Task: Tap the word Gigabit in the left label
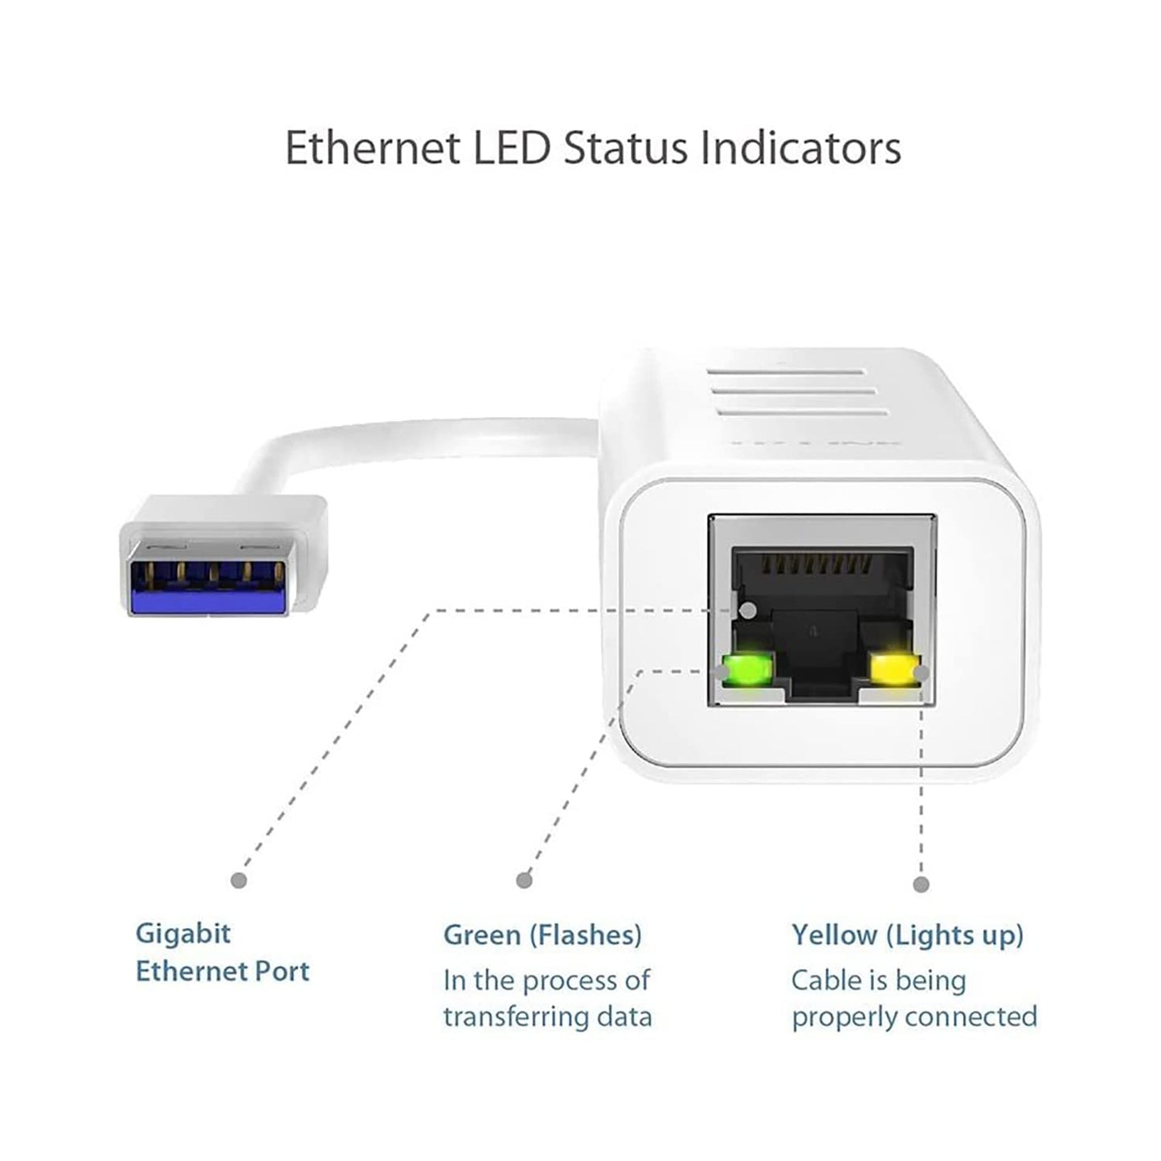tap(183, 934)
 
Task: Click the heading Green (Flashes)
tap(542, 935)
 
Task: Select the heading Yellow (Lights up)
tap(907, 935)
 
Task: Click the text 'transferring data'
tap(548, 1017)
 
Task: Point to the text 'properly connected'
tap(914, 1017)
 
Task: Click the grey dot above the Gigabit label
tap(239, 881)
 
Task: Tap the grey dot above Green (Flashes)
tap(524, 881)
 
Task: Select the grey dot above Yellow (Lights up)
tap(921, 885)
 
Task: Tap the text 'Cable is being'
tap(878, 980)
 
